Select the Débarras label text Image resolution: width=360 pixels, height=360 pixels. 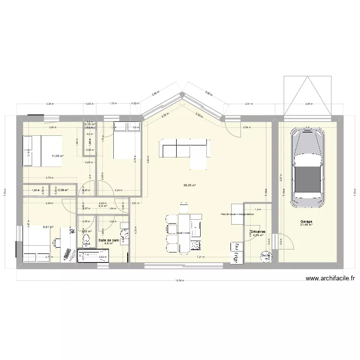click(x=258, y=231)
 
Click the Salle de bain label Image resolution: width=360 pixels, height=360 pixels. click(x=108, y=240)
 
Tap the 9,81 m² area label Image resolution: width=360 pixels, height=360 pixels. click(x=48, y=228)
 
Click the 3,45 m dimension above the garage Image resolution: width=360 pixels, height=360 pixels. click(x=309, y=103)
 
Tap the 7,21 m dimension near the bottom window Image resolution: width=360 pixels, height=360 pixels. click(x=199, y=257)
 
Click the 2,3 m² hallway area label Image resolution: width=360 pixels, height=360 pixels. click(x=102, y=206)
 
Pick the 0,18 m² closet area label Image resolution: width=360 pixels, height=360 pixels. click(x=90, y=125)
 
